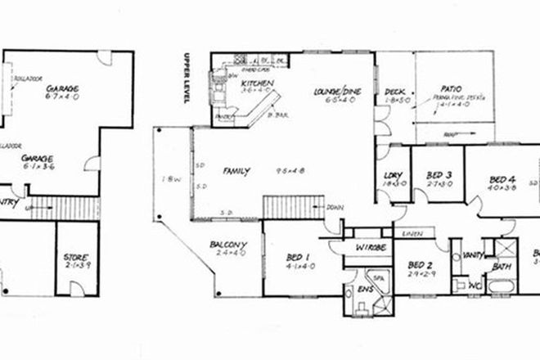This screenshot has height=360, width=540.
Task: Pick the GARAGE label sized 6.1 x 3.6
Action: pos(37,156)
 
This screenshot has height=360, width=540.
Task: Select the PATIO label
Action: pos(451,88)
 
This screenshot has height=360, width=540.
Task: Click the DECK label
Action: pos(396,92)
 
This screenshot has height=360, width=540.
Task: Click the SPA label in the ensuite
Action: pos(379,277)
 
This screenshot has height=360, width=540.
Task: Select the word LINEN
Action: pos(411,235)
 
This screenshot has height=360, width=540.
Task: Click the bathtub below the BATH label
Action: pos(499,286)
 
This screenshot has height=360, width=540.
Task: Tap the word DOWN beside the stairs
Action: pos(333,207)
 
